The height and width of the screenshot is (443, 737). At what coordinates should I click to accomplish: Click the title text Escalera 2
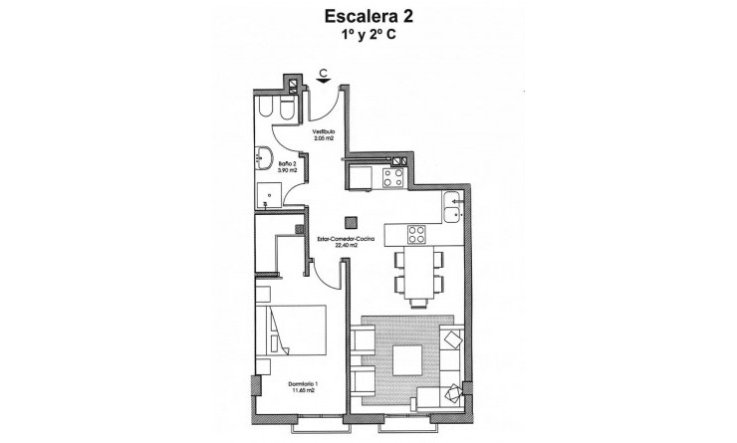368,17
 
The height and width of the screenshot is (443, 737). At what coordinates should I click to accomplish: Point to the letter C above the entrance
325,72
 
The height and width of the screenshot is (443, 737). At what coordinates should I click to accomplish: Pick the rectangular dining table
416,271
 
